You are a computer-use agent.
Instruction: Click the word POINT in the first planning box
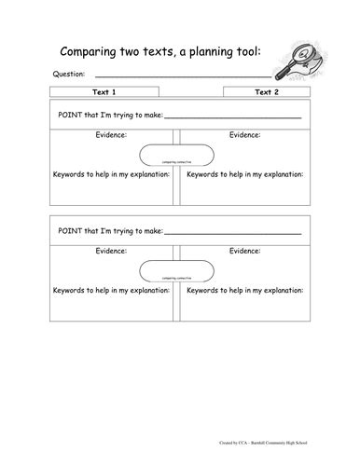[x=76, y=116]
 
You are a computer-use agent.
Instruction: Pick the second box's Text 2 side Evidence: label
[x=245, y=251]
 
